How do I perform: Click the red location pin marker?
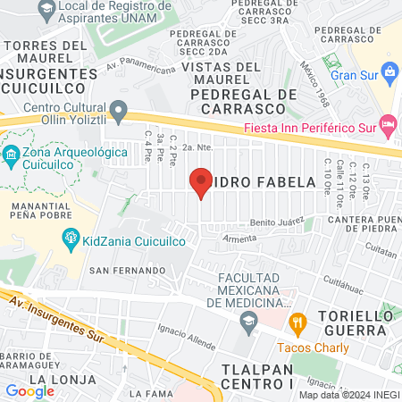coord(201,181)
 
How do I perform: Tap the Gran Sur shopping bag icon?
coord(390,71)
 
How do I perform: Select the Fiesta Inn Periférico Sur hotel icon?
coord(387,123)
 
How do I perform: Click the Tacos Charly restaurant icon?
coord(298,320)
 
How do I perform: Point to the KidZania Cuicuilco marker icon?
coord(70,239)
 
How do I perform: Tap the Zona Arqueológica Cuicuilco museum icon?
coord(11,155)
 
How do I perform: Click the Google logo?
coord(29,390)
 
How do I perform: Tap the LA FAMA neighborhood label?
coord(149,393)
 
